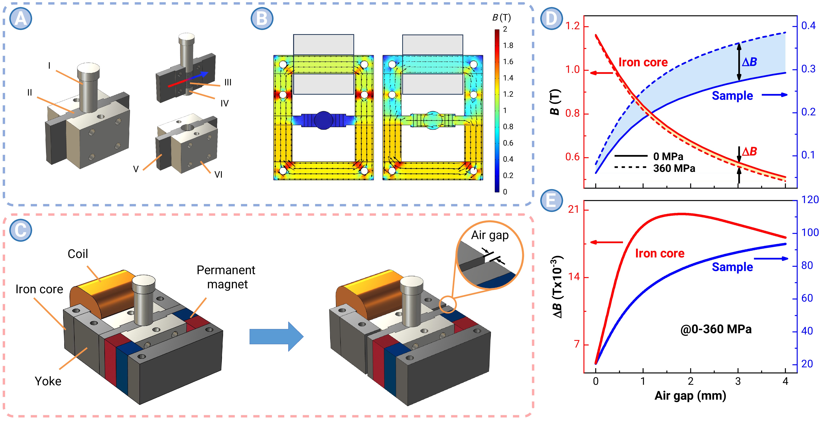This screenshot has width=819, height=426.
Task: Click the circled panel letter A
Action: (x=21, y=19)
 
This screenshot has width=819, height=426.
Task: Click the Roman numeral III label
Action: (x=228, y=82)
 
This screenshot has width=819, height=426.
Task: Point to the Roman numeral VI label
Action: (x=218, y=175)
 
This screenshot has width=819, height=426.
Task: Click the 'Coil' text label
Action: (x=78, y=254)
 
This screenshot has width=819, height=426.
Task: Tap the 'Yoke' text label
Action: (x=48, y=381)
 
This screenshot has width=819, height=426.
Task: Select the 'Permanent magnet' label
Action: (x=226, y=277)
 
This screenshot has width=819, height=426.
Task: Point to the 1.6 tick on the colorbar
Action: (x=508, y=62)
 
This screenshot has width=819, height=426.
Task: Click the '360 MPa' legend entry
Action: (x=674, y=168)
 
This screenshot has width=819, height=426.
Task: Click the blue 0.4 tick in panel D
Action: (x=808, y=25)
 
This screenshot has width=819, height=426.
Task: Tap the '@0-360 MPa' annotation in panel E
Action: (x=716, y=329)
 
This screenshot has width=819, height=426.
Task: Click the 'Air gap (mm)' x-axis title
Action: (x=690, y=396)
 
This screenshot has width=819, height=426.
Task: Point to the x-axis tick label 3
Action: (x=738, y=381)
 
